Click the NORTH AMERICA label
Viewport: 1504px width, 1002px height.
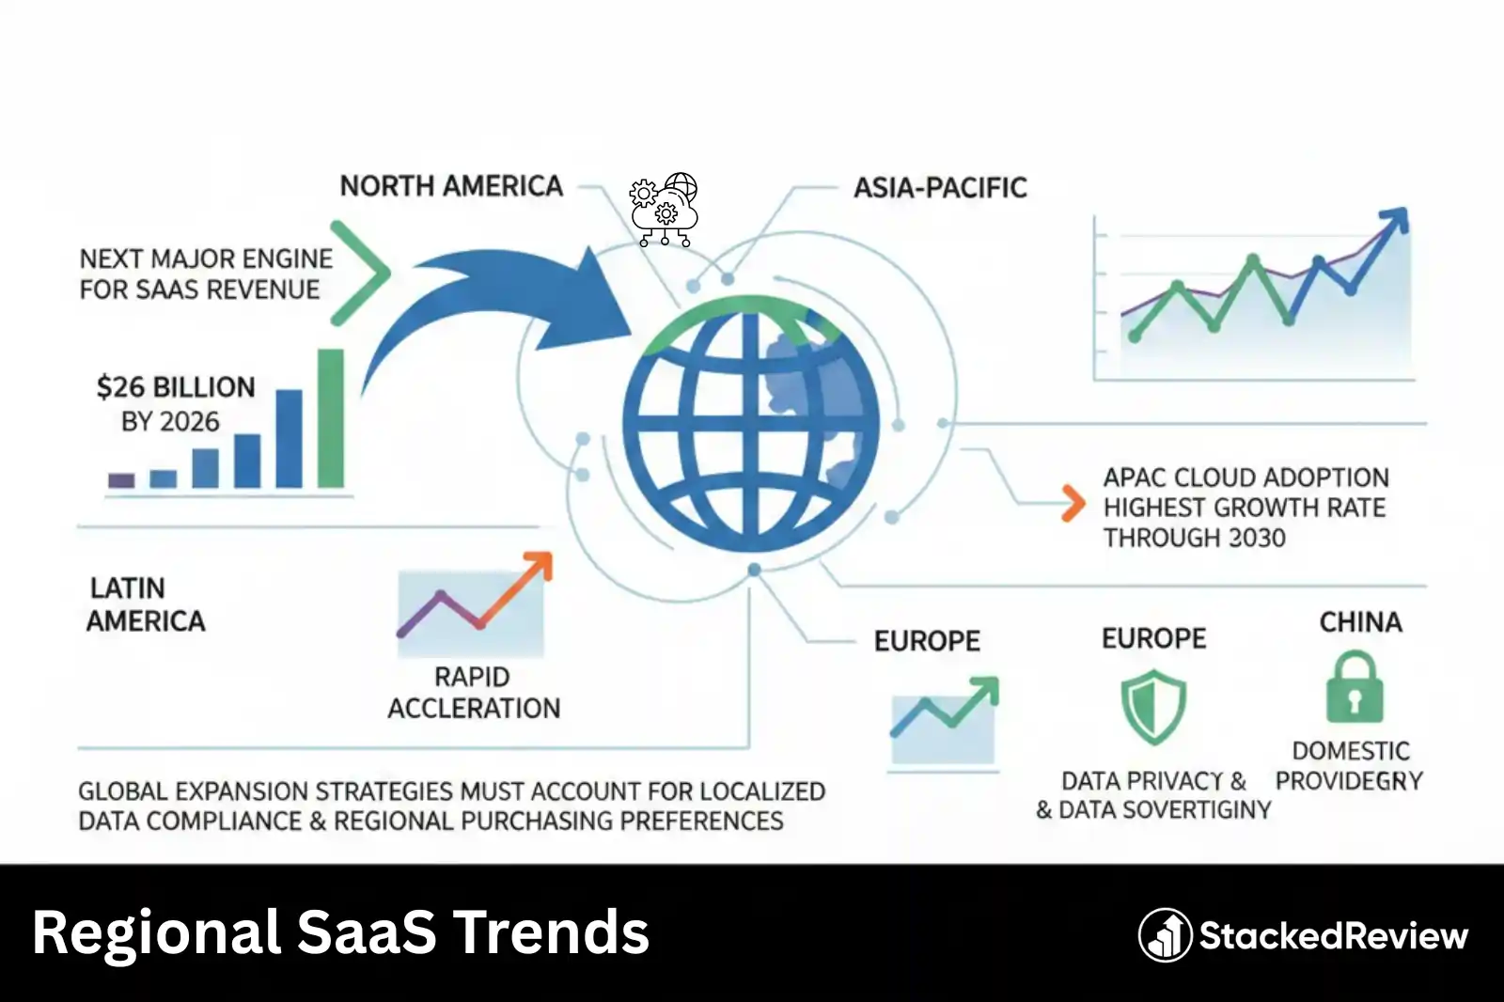(x=451, y=186)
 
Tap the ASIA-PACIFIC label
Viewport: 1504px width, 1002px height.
(x=939, y=188)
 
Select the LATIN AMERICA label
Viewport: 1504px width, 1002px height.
(x=146, y=604)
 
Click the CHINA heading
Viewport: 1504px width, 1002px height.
(x=1360, y=622)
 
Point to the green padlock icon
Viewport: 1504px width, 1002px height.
(x=1355, y=688)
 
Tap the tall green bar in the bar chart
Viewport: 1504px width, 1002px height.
(x=331, y=418)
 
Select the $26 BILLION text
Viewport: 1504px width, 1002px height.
(x=176, y=387)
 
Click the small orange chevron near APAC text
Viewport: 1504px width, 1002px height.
(x=1073, y=504)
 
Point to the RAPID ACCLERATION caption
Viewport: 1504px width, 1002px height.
(x=474, y=693)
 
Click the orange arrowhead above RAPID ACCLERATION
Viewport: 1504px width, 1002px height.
(x=538, y=567)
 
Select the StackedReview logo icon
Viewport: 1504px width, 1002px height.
(x=1165, y=935)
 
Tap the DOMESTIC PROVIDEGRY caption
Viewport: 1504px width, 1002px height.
(x=1350, y=765)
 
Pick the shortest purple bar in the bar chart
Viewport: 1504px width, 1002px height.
(x=121, y=480)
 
